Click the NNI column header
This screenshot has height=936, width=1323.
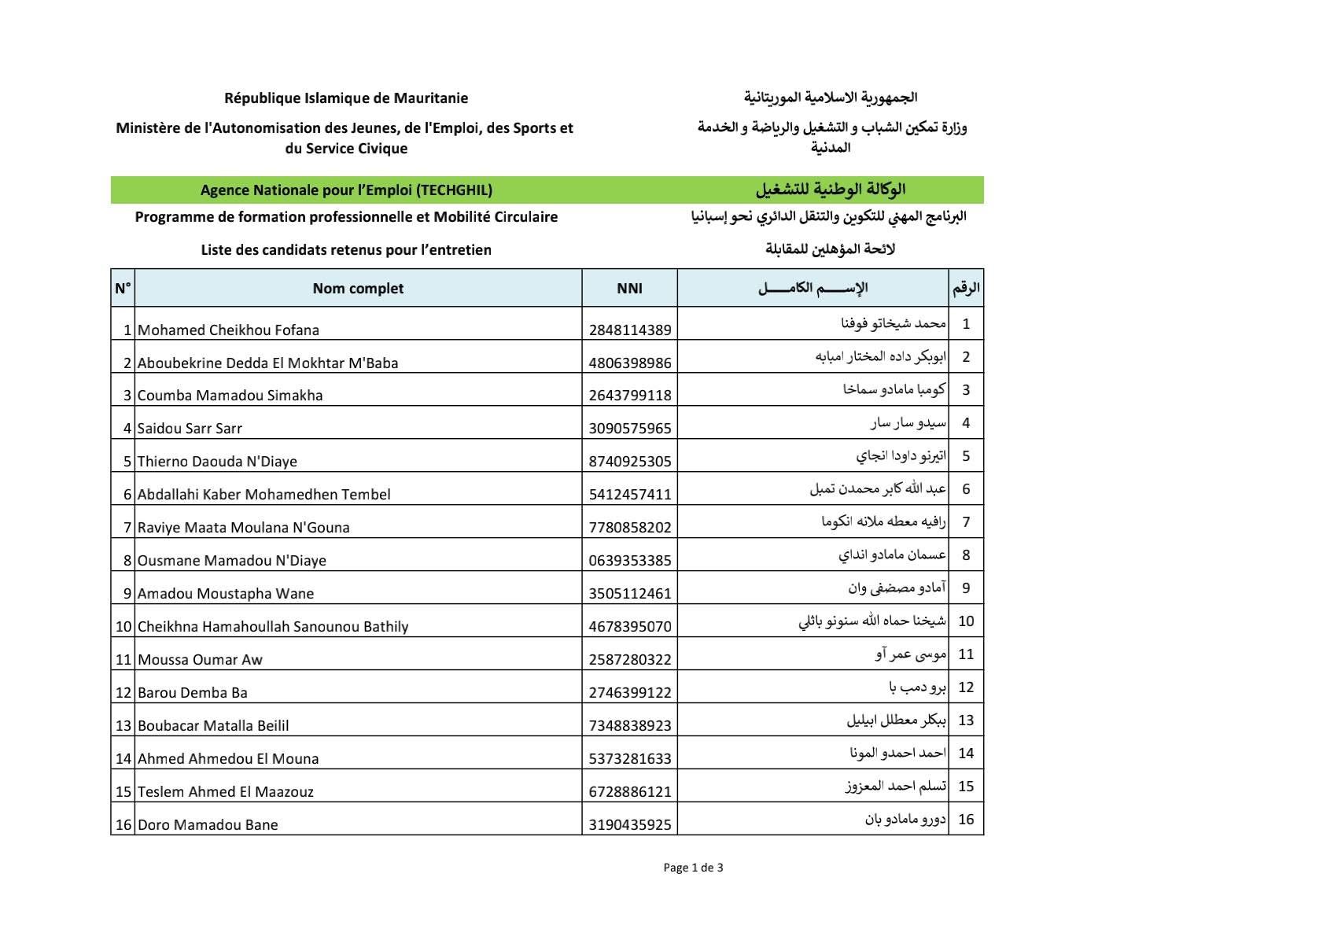629,289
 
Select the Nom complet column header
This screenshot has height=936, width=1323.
358,289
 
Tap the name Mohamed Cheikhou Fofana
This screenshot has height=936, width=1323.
228,330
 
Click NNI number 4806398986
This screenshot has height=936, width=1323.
630,363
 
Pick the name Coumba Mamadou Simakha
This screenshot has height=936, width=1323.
230,396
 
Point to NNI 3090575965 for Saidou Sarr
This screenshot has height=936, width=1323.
630,429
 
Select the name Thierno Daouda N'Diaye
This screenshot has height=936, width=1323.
217,462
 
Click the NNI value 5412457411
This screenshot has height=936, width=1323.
630,495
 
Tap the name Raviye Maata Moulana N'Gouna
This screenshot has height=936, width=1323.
243,528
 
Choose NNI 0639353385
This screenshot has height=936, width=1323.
630,561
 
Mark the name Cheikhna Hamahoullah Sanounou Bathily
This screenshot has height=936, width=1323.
273,627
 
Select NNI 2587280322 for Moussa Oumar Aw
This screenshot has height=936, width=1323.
630,660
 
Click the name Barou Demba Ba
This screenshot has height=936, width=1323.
193,693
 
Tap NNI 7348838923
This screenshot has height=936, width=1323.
630,726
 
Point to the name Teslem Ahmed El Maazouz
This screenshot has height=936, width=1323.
225,792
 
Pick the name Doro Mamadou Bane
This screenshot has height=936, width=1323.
208,825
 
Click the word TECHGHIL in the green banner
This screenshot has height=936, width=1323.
454,190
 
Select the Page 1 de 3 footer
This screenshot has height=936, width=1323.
693,868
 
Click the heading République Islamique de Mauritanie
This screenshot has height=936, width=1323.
346,98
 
